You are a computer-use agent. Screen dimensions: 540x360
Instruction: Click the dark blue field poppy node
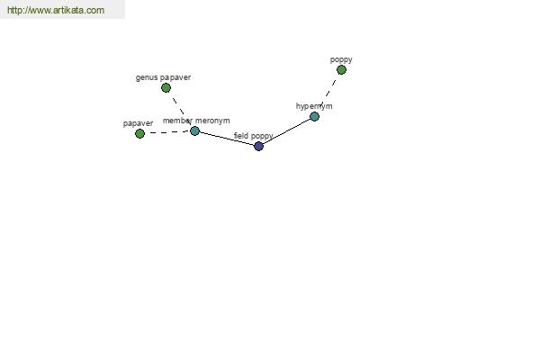coord(258,146)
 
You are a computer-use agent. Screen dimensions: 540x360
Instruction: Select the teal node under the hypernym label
coord(314,116)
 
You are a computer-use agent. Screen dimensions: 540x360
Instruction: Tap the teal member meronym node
coord(195,130)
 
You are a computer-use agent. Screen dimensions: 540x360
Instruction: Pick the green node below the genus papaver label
coord(166,88)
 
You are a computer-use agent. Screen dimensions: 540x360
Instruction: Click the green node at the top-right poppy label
coord(341,70)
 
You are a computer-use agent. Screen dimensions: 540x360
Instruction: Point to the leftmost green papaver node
coord(139,134)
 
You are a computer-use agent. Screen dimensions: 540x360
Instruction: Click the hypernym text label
coord(314,106)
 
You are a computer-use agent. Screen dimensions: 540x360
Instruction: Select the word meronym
coord(212,121)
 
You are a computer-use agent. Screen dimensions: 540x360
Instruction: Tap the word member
coord(177,121)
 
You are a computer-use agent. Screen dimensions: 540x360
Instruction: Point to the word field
coord(241,136)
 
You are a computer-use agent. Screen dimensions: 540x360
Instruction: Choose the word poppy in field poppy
coord(262,137)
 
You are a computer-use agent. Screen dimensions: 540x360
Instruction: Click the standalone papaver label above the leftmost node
coord(138,123)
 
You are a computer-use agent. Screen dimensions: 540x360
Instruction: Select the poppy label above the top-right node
coord(341,59)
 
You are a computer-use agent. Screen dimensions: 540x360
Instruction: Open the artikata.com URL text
coord(56,10)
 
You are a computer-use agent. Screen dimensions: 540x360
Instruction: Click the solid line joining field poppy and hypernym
coord(286,131)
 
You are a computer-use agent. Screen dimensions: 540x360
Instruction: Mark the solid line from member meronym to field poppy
coord(227,139)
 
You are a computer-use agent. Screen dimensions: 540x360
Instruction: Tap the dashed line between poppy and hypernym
coord(328,93)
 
